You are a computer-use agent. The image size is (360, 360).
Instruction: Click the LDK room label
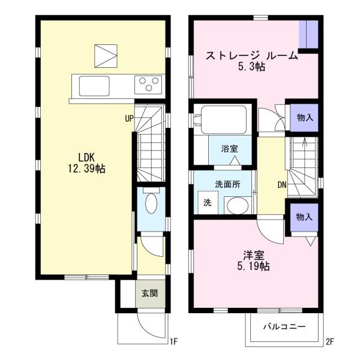coord(86,158)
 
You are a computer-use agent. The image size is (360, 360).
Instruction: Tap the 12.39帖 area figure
coord(86,169)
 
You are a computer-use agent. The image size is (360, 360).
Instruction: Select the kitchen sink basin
coord(94,86)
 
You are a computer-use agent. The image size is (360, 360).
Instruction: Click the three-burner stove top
coord(148,85)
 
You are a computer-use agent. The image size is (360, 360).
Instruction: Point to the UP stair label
coord(129,118)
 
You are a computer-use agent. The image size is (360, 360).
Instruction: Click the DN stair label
coord(282,185)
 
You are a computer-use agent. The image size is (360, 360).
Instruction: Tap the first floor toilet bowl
coord(151,203)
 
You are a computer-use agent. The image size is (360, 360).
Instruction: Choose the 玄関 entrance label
coord(149,293)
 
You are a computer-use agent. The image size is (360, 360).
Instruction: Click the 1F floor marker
coord(173,341)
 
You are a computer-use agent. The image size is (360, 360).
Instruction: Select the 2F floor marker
coord(329,342)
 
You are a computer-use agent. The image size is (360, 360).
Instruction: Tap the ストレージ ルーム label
coord(251,56)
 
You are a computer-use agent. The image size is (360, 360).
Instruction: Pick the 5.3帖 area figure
coord(251,67)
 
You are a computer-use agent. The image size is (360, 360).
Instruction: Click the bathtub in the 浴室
coord(224,119)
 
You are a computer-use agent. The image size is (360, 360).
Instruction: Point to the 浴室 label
coord(229,149)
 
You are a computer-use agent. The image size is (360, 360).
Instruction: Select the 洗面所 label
coord(227,184)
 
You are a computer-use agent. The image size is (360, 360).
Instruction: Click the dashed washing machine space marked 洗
coord(208,203)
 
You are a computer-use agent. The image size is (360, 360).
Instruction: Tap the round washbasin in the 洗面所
coord(238,206)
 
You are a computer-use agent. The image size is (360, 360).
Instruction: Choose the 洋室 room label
coord(253,255)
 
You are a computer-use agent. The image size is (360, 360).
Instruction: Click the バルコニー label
coord(284,326)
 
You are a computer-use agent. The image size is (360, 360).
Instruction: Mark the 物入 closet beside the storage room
coord(305,118)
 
